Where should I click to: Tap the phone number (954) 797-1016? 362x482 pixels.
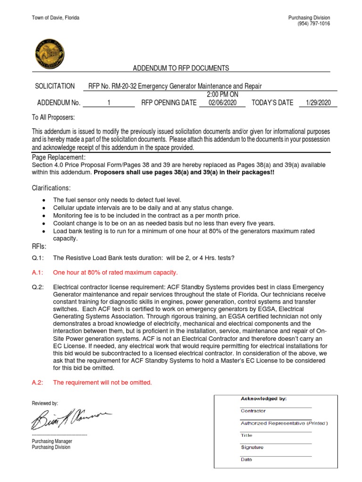(x=313, y=24)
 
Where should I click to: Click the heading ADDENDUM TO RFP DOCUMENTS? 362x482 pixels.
(x=181, y=68)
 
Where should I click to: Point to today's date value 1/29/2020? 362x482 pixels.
(x=318, y=103)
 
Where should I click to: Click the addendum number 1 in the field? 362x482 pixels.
(x=108, y=103)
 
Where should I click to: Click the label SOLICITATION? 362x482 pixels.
(x=55, y=86)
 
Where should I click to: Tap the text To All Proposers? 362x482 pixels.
(x=53, y=117)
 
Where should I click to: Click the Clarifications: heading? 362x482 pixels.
(x=51, y=188)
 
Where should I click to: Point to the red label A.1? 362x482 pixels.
(x=38, y=273)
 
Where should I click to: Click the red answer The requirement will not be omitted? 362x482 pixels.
(x=102, y=383)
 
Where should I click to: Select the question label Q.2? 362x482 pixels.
(x=38, y=287)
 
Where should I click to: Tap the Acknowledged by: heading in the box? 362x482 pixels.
(x=263, y=399)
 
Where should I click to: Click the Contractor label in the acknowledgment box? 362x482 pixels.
(x=253, y=411)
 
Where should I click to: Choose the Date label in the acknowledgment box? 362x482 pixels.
(x=247, y=460)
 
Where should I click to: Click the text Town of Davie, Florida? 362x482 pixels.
(x=56, y=18)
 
